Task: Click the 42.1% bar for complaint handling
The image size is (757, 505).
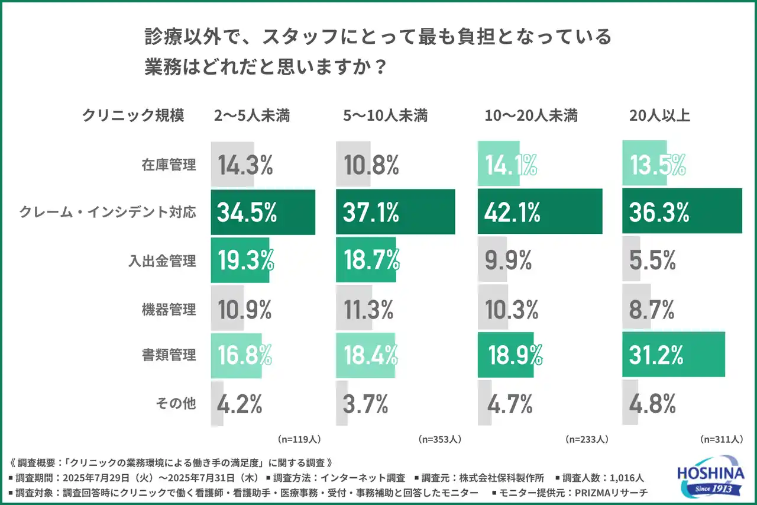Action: tap(539, 212)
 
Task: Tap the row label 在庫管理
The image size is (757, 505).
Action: tap(169, 165)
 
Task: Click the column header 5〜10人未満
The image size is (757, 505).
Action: tap(385, 116)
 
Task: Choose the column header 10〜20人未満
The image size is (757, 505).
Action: tap(531, 116)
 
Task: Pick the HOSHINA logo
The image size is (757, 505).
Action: tap(710, 476)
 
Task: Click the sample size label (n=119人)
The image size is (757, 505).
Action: tap(299, 440)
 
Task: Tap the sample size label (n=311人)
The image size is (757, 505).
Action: tap(721, 440)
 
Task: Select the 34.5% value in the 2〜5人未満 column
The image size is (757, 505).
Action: tap(247, 213)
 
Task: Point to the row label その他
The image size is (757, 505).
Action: tap(176, 404)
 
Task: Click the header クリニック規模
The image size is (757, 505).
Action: tap(133, 116)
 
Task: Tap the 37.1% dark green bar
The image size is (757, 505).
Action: tap(395, 212)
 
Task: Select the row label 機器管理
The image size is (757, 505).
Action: tap(169, 308)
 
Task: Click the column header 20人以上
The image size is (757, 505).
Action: tap(659, 116)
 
